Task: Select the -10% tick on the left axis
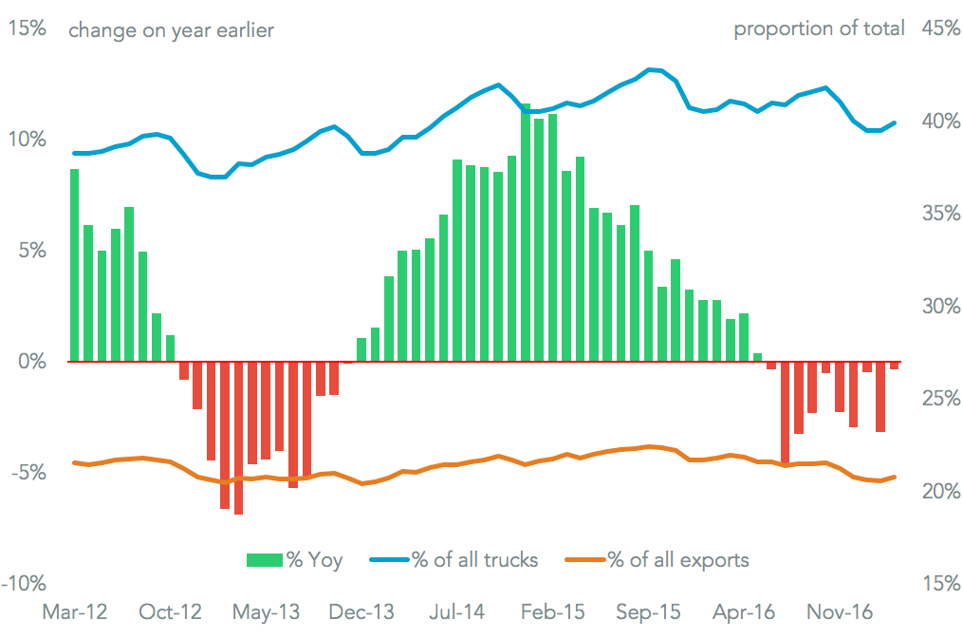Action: click(x=24, y=583)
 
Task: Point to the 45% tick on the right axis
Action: click(x=940, y=28)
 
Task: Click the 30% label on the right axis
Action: click(x=940, y=307)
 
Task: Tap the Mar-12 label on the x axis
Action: click(x=74, y=612)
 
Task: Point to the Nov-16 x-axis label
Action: click(x=840, y=612)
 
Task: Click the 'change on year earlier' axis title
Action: click(x=172, y=30)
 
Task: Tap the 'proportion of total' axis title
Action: click(x=819, y=28)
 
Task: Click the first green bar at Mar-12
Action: click(x=74, y=266)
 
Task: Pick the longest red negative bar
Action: click(x=238, y=438)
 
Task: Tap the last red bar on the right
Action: click(x=894, y=366)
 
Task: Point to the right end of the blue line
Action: click(x=895, y=122)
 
